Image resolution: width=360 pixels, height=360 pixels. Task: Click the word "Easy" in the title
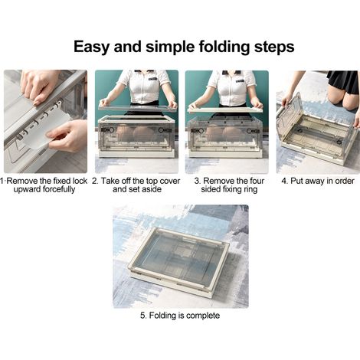(92, 47)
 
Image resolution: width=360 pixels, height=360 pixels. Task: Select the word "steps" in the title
(274, 47)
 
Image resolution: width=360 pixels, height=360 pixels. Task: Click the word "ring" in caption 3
(250, 189)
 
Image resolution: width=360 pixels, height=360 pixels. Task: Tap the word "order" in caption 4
(344, 181)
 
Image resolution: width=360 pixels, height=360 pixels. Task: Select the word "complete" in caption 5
(203, 316)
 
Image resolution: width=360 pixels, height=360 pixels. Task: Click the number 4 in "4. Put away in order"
(283, 181)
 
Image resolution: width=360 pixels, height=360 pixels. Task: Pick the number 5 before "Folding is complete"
(142, 316)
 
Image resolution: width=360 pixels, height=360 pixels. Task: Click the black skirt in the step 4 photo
(344, 81)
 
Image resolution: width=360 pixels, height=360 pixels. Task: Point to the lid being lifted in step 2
(138, 106)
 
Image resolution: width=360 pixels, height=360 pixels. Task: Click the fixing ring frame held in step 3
(226, 110)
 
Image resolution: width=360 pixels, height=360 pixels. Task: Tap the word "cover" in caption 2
(169, 181)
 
